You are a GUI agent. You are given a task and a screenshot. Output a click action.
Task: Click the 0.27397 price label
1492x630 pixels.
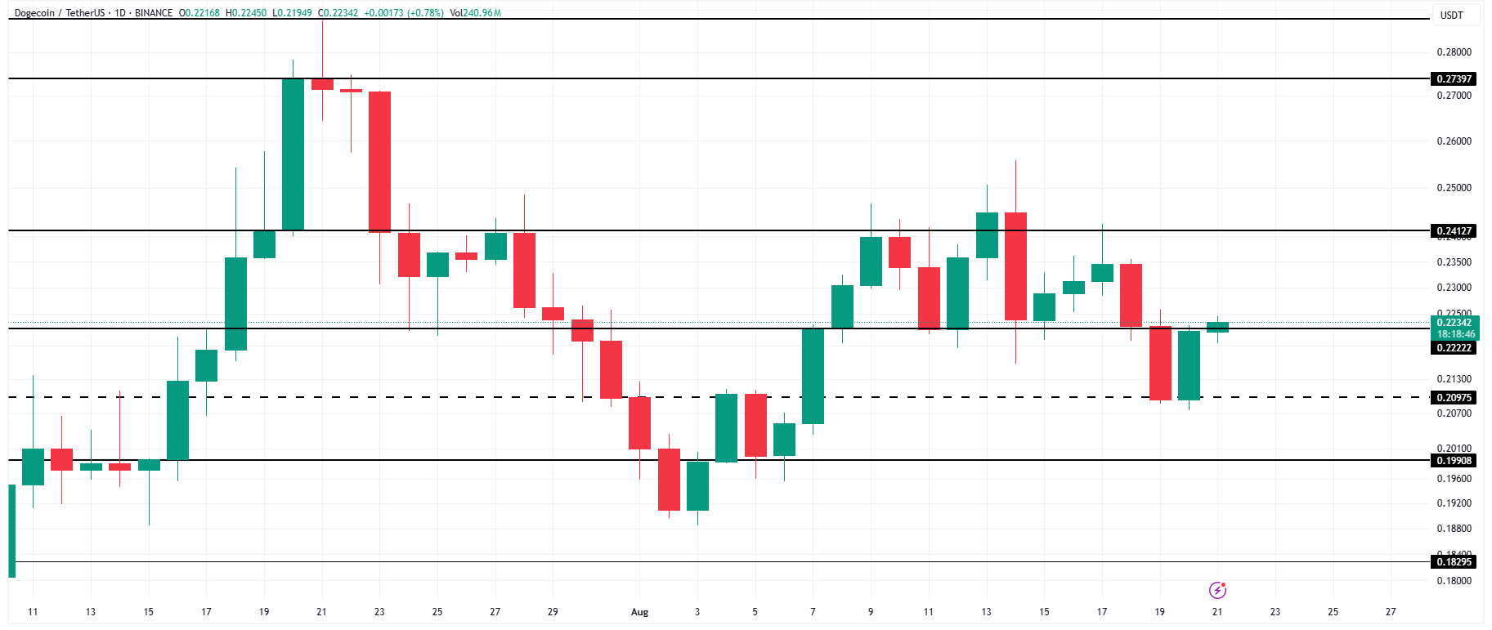[1454, 79]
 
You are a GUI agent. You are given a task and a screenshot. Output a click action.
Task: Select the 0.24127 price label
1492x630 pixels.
[1454, 231]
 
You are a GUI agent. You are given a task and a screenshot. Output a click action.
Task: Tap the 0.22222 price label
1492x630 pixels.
[1454, 348]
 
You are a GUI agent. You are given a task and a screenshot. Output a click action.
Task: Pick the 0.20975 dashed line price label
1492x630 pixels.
[1454, 398]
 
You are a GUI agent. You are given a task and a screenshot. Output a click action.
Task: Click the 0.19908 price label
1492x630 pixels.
[1454, 461]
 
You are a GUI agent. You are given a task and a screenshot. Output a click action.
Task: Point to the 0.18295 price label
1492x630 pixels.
[1454, 562]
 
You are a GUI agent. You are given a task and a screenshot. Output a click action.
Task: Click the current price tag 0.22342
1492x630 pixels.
[1454, 323]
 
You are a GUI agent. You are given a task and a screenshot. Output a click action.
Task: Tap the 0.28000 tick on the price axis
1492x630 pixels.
[1454, 52]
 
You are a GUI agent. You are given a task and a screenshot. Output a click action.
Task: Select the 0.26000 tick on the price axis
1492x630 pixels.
[1454, 141]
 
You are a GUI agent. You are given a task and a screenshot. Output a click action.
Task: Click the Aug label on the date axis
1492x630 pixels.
[639, 612]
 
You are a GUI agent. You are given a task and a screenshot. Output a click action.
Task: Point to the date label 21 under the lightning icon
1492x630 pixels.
[1217, 612]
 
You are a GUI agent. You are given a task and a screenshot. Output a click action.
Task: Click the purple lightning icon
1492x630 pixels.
[1217, 590]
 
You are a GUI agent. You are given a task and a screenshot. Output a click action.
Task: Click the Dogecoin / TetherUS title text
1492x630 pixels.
[60, 13]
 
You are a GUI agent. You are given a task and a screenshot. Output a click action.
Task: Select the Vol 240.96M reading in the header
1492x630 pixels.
[475, 13]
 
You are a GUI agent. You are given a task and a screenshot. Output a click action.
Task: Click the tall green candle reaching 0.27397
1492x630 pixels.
[293, 155]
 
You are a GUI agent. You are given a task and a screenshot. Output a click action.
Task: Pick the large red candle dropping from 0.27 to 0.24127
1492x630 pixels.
[379, 162]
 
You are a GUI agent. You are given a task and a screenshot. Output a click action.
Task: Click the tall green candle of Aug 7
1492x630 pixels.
[813, 376]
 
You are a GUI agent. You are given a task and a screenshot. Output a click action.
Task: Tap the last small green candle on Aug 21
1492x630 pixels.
[1217, 327]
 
